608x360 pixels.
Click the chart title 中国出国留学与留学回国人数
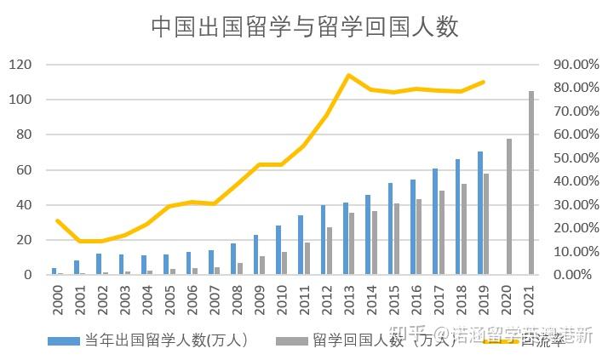(305, 26)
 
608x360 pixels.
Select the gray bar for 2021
(531, 183)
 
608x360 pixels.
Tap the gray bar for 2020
(508, 207)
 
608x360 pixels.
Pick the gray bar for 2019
(486, 225)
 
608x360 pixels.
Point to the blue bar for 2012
(324, 240)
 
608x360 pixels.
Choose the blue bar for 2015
(391, 229)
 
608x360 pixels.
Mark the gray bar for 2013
(352, 244)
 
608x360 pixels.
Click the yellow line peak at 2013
(348, 75)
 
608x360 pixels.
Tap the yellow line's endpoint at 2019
(484, 82)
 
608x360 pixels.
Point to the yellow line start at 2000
(57, 220)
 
